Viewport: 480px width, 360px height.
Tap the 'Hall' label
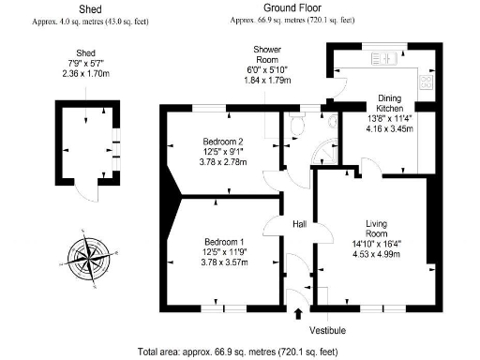click(300, 224)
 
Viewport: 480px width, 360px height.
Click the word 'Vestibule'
click(327, 331)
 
